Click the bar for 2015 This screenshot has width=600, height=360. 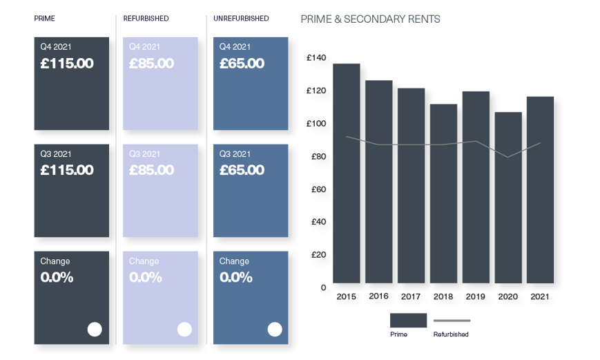coord(346,173)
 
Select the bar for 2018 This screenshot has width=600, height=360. coord(443,193)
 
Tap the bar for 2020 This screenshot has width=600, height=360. coord(508,198)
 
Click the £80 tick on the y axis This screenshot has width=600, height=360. coord(318,156)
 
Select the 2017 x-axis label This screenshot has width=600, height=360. coord(411,296)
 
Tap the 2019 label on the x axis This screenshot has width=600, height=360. coord(476,296)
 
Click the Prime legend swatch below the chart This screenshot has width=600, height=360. coord(408,320)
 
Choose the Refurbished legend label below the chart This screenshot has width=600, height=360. coord(451,334)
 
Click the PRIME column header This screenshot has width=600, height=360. coord(46,19)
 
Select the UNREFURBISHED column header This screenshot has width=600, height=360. coord(241,19)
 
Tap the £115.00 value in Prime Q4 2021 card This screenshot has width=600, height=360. coord(66,64)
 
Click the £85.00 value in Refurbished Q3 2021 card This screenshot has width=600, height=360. coord(151,170)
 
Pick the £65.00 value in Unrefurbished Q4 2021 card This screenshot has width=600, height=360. coord(242,64)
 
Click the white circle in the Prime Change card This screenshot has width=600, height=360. coord(95,330)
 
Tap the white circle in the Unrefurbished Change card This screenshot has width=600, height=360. coord(275,330)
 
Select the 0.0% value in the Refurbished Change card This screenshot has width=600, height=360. coord(145,278)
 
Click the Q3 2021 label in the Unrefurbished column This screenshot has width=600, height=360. coord(235,154)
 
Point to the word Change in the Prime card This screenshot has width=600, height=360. coord(55,261)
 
